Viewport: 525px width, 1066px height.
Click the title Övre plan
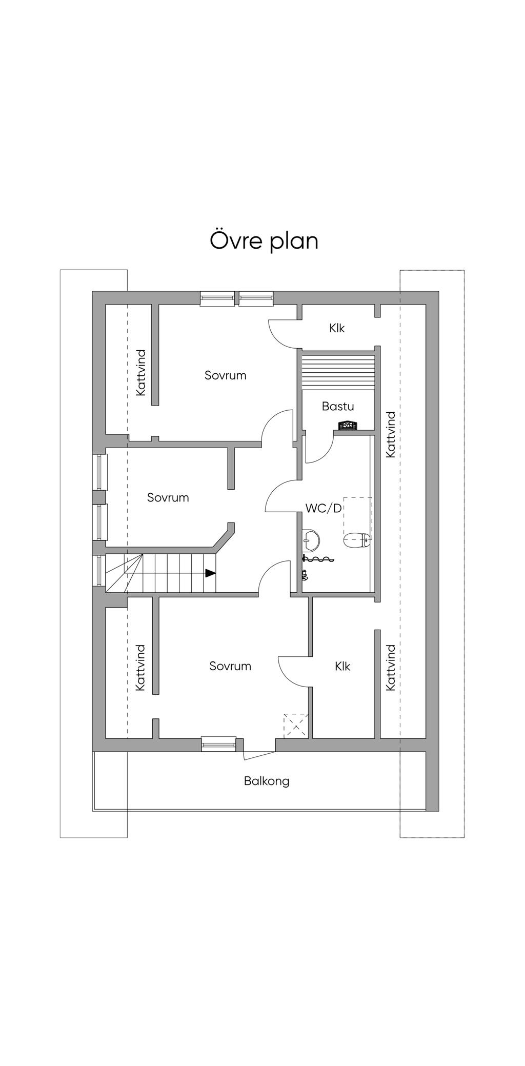[264, 242]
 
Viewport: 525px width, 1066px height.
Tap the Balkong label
[267, 781]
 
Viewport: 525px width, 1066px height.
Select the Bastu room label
[338, 406]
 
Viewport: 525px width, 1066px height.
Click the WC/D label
[324, 508]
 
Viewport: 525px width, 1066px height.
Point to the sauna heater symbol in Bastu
[349, 425]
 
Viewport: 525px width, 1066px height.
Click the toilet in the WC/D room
[357, 539]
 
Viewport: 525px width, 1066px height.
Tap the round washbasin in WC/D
[311, 538]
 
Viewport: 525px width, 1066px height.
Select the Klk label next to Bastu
[337, 328]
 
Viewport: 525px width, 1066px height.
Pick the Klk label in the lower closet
[342, 666]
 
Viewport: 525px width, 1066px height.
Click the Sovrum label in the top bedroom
[226, 375]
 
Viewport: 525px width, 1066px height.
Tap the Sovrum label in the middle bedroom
[168, 497]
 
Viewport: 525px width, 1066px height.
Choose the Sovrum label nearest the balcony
[230, 666]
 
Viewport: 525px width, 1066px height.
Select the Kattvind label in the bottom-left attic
[141, 668]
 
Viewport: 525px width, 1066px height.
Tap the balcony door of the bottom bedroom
[259, 755]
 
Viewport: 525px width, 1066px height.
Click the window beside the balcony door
[218, 744]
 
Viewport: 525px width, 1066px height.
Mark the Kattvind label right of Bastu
[391, 434]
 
